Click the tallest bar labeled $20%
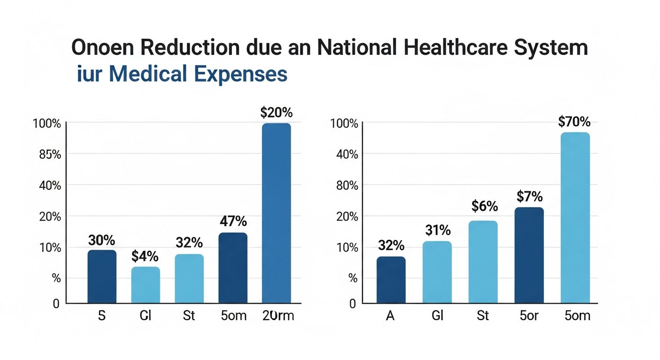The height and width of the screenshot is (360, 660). tap(276, 213)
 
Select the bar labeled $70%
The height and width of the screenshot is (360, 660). tap(575, 218)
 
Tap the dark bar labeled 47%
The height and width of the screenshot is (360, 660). tap(233, 268)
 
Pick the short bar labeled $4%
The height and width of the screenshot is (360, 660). tap(145, 285)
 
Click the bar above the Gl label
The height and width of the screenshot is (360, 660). tap(437, 272)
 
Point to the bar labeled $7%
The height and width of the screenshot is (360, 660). tap(529, 255)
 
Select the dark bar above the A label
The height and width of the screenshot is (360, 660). tap(391, 280)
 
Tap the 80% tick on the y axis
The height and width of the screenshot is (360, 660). tap(347, 185)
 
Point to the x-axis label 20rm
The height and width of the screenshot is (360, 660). tap(278, 315)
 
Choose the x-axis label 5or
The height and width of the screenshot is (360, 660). tap(529, 315)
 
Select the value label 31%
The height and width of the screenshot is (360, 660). tap(438, 230)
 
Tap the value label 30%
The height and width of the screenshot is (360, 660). tap(102, 240)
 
